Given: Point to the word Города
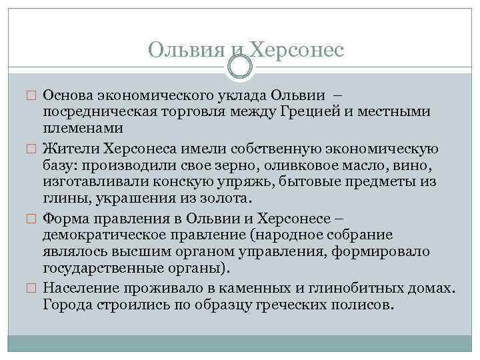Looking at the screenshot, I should coord(65,304).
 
